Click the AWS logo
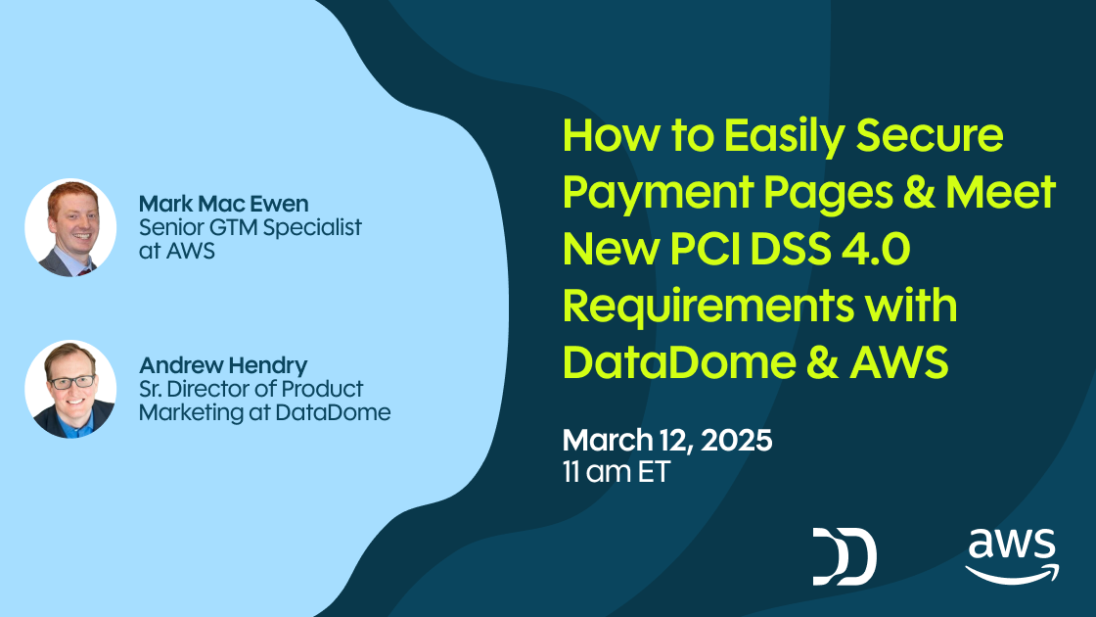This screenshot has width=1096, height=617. pyautogui.click(x=1012, y=555)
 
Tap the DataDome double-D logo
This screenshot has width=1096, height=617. pyautogui.click(x=844, y=555)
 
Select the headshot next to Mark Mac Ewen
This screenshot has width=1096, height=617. pyautogui.click(x=70, y=227)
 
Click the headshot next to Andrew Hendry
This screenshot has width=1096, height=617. pyautogui.click(x=70, y=389)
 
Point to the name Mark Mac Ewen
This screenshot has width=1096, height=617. pyautogui.click(x=223, y=204)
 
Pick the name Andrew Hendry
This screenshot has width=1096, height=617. pyautogui.click(x=223, y=365)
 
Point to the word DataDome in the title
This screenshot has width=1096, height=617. pyautogui.click(x=681, y=363)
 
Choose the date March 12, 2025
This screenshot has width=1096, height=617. pyautogui.click(x=667, y=440)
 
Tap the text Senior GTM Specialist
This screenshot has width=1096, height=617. pyautogui.click(x=251, y=227)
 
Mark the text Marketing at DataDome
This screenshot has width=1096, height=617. pyautogui.click(x=264, y=412)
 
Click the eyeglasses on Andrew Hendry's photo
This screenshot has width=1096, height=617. pyautogui.click(x=71, y=381)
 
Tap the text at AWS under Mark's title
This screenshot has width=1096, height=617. pyautogui.click(x=176, y=251)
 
